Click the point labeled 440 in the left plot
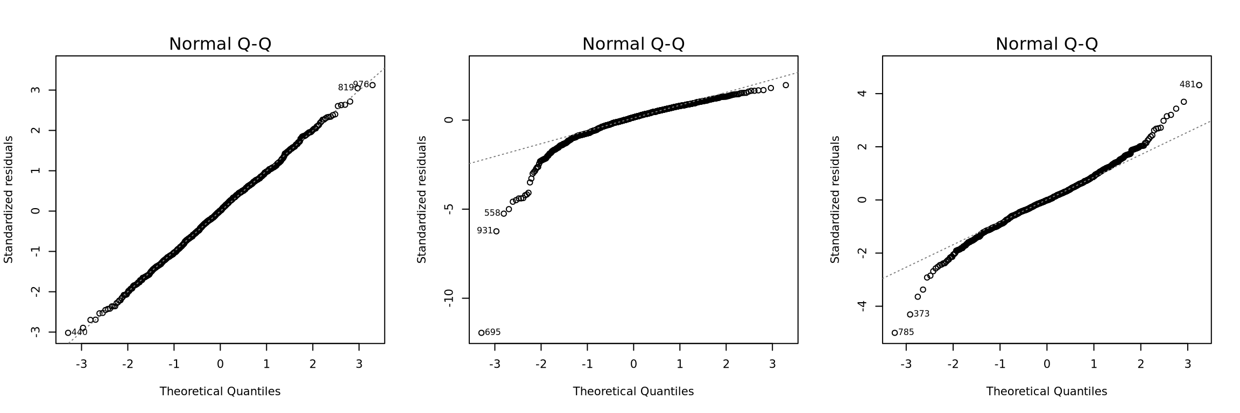[68, 333]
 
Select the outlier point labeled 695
[482, 333]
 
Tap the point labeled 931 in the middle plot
[496, 231]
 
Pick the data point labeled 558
[504, 213]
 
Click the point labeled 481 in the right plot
[1199, 85]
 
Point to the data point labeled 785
[894, 333]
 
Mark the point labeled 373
[910, 315]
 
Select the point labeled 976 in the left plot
[372, 85]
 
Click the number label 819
[346, 88]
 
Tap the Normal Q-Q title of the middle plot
[633, 44]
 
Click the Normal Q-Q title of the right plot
[1046, 44]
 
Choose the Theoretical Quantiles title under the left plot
[220, 391]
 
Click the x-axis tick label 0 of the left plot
[220, 364]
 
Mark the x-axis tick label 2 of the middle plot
[726, 364]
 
